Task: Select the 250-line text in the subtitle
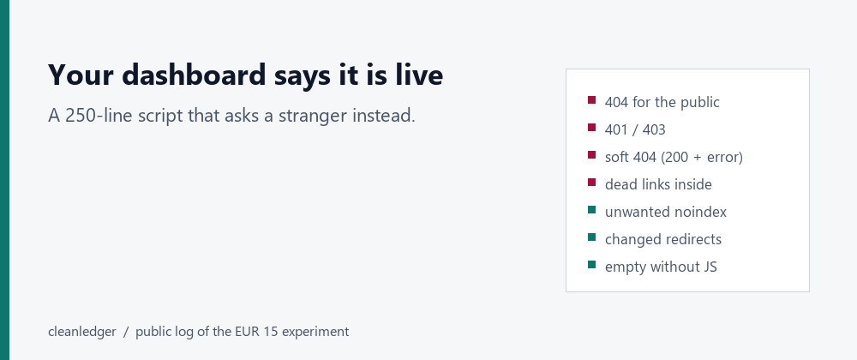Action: coord(98,116)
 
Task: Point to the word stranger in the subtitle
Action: coord(312,116)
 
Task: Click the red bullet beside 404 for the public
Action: coord(591,100)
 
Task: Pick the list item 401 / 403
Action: coord(635,129)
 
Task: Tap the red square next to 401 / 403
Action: coord(591,127)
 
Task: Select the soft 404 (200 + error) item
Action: coord(674,158)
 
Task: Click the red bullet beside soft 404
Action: coord(591,154)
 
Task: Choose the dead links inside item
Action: coord(658,184)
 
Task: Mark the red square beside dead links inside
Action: coord(591,182)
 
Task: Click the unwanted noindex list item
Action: coord(666,212)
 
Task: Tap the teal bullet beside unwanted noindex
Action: coord(591,209)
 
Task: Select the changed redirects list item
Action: coord(663,239)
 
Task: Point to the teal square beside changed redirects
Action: coord(591,237)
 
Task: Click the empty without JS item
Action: coord(661,267)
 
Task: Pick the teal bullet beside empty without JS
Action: coord(591,264)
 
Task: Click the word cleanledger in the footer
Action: coord(82,332)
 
